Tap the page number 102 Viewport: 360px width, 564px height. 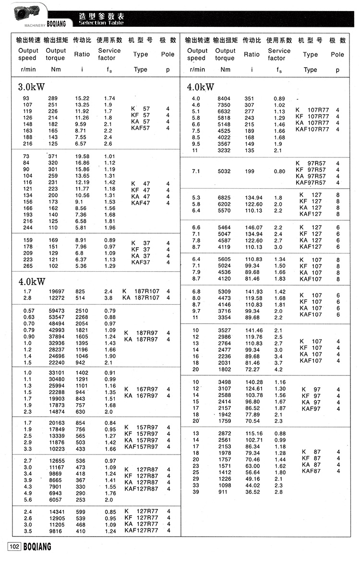14,547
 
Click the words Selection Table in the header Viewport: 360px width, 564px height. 101,23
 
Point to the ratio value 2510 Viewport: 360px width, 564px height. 81,311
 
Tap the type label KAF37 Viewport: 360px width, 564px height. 140,262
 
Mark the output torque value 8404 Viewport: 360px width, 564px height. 224,98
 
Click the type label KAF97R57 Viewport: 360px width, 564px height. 310,182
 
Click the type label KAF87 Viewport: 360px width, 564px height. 311,471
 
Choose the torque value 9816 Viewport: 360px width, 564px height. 55,531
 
